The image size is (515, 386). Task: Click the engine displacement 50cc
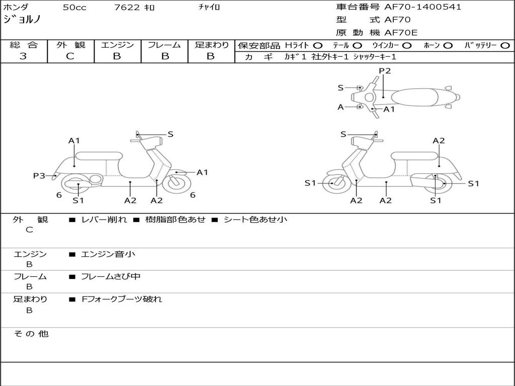click(73, 8)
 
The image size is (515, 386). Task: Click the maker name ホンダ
click(16, 8)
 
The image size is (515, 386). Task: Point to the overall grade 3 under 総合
click(23, 56)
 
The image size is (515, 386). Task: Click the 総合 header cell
click(23, 45)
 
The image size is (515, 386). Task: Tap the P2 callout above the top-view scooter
click(385, 71)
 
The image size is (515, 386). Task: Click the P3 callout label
click(39, 175)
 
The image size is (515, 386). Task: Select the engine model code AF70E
click(401, 33)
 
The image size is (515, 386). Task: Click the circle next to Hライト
click(318, 45)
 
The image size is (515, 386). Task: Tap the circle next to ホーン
click(448, 45)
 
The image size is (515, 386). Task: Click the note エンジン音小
click(108, 254)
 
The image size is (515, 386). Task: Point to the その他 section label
click(31, 334)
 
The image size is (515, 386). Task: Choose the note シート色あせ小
click(255, 220)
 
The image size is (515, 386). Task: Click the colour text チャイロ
click(210, 8)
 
